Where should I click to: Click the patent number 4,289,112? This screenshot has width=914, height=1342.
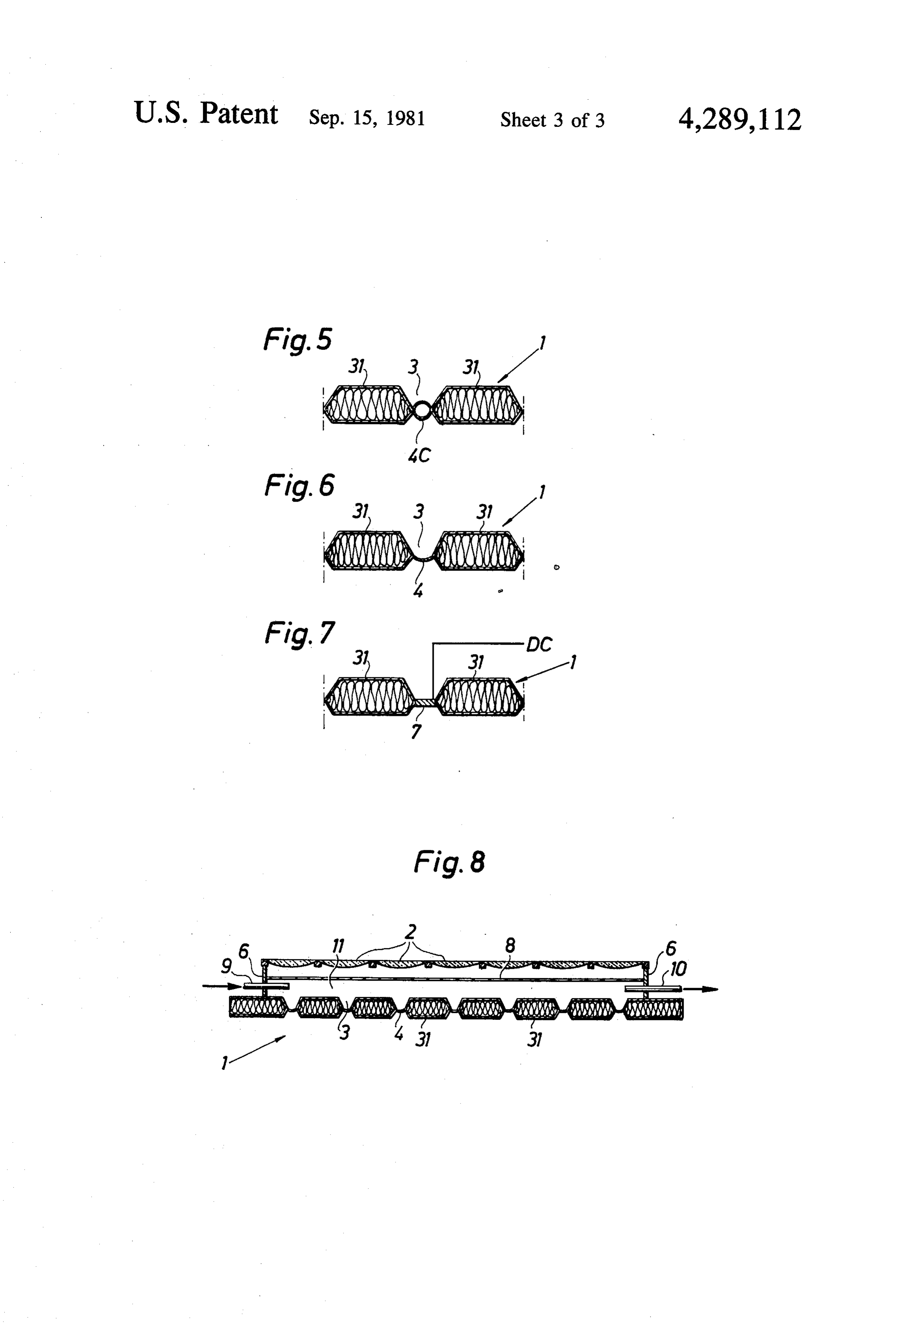pyautogui.click(x=739, y=120)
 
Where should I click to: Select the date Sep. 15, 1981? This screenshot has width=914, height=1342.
pyautogui.click(x=367, y=119)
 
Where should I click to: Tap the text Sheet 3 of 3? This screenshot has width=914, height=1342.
pyautogui.click(x=552, y=120)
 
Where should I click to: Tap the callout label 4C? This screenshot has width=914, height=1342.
pyautogui.click(x=419, y=456)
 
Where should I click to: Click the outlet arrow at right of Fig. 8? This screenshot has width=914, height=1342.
pyautogui.click(x=700, y=989)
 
